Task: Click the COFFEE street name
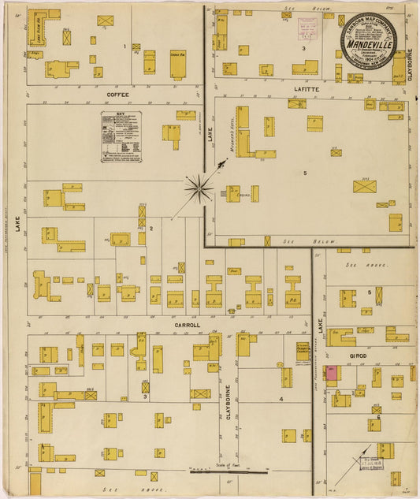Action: (x=117, y=95)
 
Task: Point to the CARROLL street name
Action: (x=187, y=324)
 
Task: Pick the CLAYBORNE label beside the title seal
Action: (x=410, y=66)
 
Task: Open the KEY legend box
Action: (x=121, y=136)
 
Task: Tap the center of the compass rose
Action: (x=199, y=188)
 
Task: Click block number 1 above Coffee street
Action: (x=125, y=47)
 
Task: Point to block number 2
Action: (x=151, y=229)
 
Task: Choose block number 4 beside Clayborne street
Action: (x=281, y=399)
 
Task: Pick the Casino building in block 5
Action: (x=234, y=193)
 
